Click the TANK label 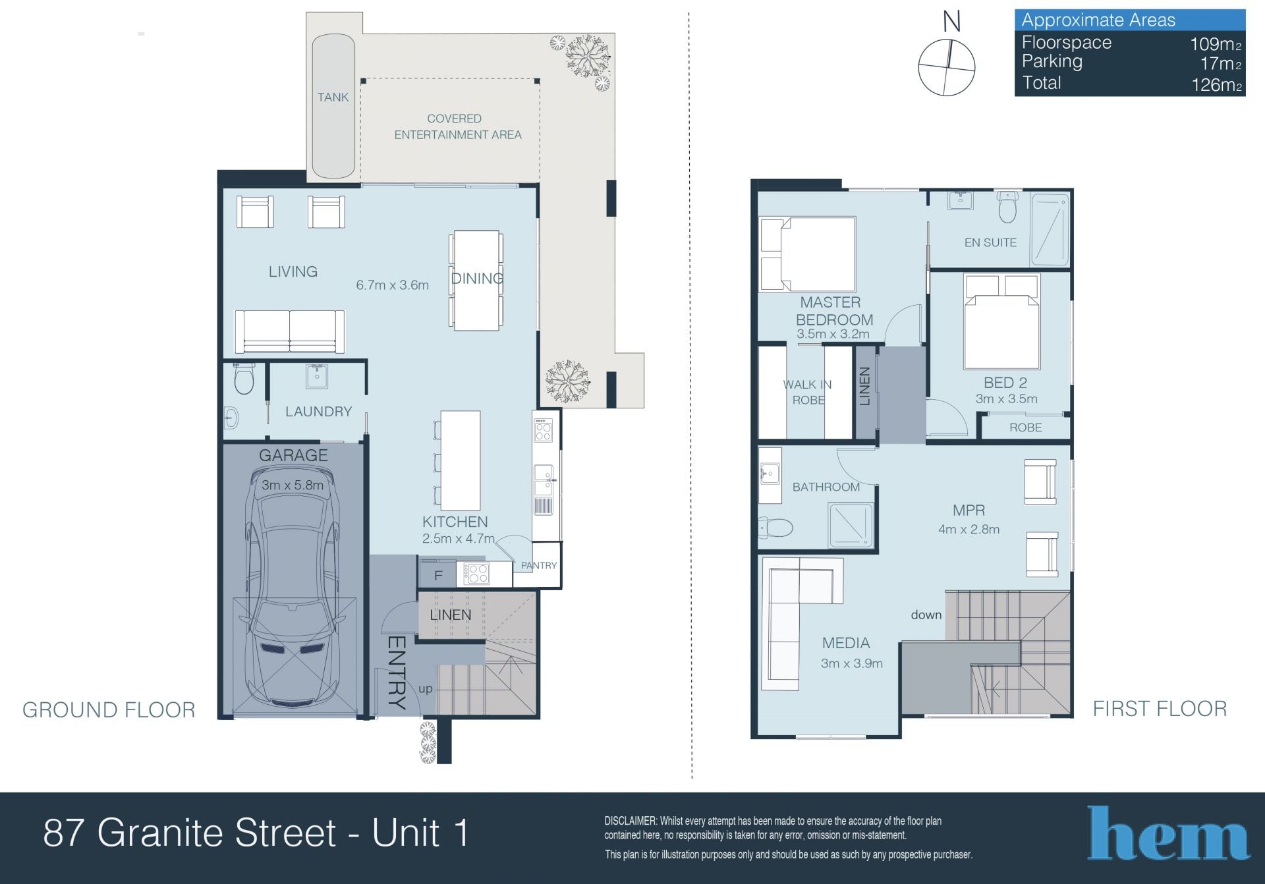coord(333,97)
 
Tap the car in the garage coord(293,587)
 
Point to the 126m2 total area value coord(1216,85)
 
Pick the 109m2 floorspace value coord(1216,44)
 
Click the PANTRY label coord(539,565)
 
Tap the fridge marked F coord(438,575)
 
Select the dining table coord(476,280)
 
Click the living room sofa coord(289,331)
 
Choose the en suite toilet coord(1007,207)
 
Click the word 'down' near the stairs coord(926,615)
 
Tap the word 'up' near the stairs coord(426,689)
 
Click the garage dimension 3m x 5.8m coord(293,485)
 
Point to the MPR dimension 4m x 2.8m coord(969,529)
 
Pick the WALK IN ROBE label coord(808,392)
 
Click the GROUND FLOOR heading coord(109,709)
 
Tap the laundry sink coord(317,377)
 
